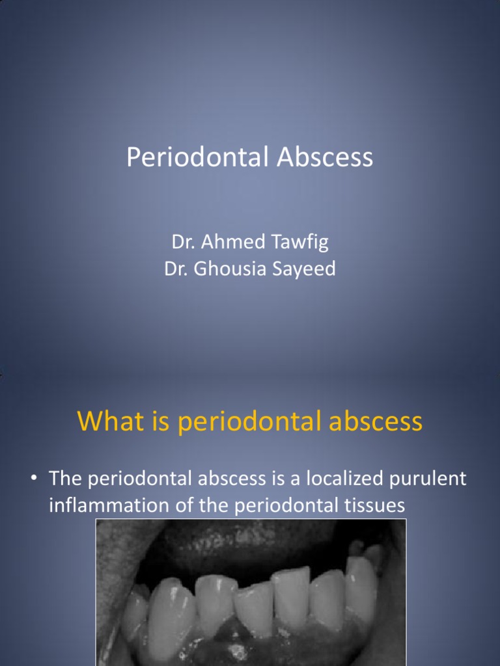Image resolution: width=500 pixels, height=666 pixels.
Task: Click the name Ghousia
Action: [230, 269]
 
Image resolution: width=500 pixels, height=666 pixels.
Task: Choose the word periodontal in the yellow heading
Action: [249, 423]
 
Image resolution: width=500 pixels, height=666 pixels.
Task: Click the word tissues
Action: [367, 505]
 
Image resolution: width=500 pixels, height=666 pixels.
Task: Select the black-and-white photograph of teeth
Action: [251, 592]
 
